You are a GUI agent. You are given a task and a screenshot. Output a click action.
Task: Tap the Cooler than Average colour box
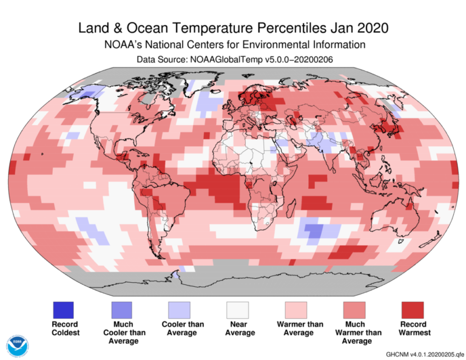[x=179, y=310]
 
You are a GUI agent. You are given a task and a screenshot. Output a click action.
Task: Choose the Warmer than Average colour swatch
[x=297, y=310]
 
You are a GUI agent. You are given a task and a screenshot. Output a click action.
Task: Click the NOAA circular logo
[x=18, y=345]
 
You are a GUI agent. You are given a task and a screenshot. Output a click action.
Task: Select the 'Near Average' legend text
[x=238, y=328]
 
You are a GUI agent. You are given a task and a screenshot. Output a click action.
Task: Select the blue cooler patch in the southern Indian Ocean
[x=316, y=231]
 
